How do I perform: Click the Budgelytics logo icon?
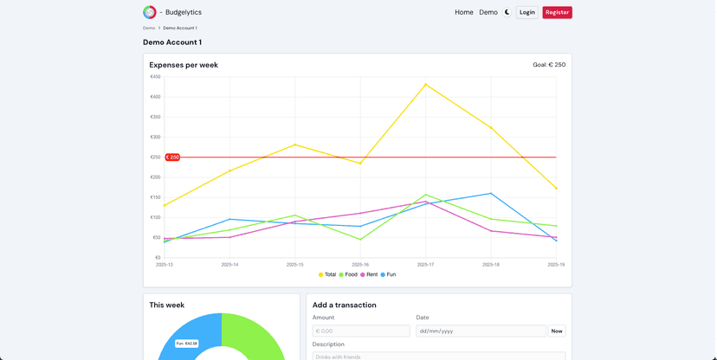coord(150,12)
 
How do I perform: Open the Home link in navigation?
coord(464,12)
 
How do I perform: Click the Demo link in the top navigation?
coord(488,12)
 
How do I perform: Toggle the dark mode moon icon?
coord(507,12)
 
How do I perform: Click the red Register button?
coord(557,12)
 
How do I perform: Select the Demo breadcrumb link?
coord(149,28)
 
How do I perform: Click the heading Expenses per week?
coord(184,65)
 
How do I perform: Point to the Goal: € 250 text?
coord(549,65)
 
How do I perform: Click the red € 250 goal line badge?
coord(172,157)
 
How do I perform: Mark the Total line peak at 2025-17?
coord(425,84)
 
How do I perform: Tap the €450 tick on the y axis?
coord(155,77)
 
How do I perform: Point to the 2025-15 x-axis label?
coord(295,265)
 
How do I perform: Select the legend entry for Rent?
coord(369,274)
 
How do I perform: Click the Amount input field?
coord(361,331)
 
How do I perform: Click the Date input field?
coord(481,331)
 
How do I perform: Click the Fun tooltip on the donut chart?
coord(186,344)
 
